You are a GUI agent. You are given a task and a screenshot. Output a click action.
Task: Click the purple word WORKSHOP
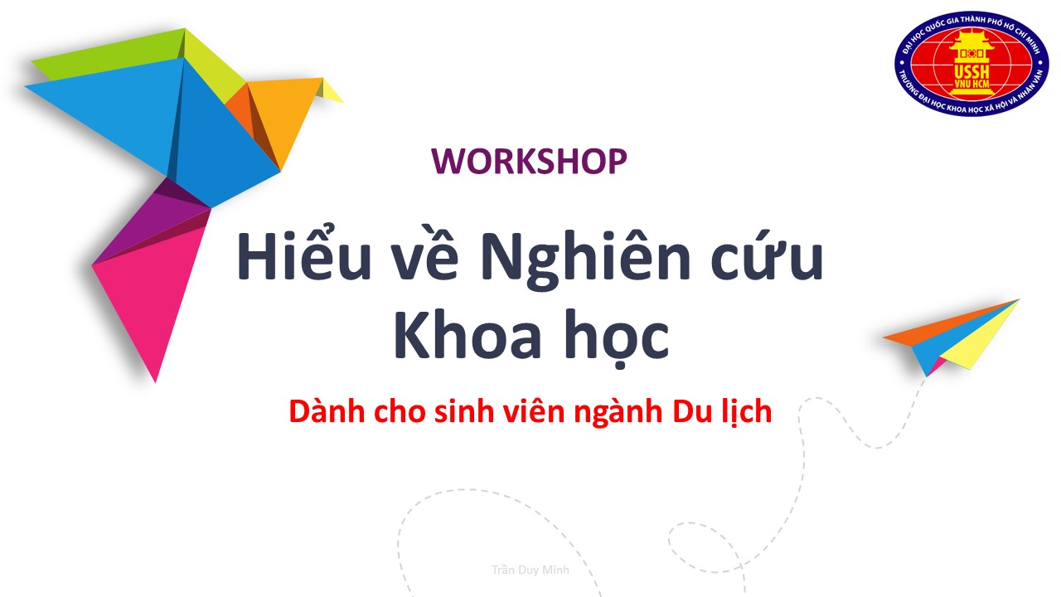(x=529, y=161)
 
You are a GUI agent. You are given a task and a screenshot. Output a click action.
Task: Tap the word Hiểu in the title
(x=303, y=254)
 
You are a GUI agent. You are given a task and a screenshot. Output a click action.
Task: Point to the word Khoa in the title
(x=468, y=334)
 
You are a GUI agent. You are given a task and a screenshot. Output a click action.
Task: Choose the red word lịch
(x=747, y=411)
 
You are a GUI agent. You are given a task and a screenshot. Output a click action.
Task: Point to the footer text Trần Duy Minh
(x=530, y=570)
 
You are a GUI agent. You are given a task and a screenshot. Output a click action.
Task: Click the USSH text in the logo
(x=971, y=72)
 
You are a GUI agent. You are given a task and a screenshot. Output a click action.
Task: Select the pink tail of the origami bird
(x=149, y=294)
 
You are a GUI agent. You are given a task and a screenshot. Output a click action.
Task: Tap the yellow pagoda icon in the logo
(x=971, y=61)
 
